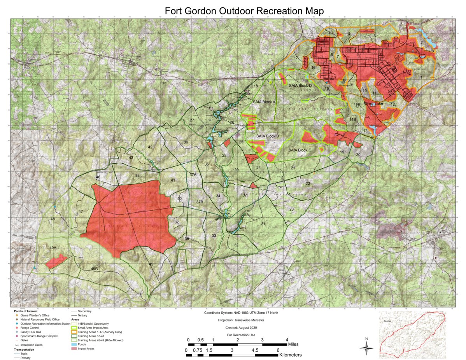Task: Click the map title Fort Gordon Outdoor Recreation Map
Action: [244, 10]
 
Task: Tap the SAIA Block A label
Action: [264, 102]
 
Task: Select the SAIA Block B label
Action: [268, 136]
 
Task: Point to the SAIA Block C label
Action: [300, 150]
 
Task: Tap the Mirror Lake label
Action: [373, 104]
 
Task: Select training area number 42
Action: [150, 147]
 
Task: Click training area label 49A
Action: [53, 248]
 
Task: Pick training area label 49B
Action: [94, 269]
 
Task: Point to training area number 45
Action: [151, 264]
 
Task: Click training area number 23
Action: [291, 210]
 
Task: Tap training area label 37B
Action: [200, 202]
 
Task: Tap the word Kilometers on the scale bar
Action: [290, 355]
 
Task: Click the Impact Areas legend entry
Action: [86, 349]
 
